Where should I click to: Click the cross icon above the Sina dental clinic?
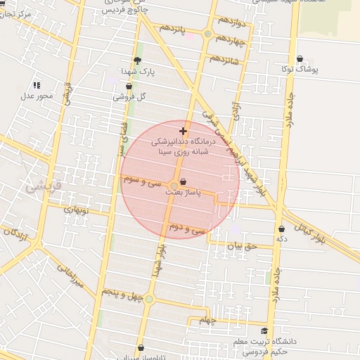(x=184, y=131)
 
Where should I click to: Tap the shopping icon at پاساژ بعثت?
(x=174, y=184)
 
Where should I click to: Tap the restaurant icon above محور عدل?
(x=37, y=85)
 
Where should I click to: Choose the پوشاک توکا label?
(x=301, y=70)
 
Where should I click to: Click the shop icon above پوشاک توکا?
(x=301, y=59)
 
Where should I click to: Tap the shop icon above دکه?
(x=282, y=229)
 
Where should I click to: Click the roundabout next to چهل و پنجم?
(x=148, y=299)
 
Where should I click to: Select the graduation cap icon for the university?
(x=264, y=331)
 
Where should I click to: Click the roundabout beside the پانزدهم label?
(x=207, y=34)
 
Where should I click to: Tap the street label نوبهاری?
(x=77, y=209)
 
